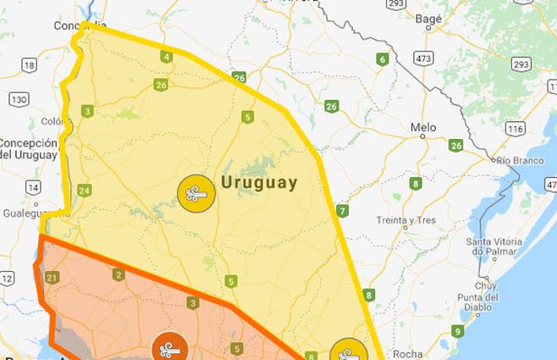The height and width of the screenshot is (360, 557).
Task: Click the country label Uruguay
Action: tap(259, 182)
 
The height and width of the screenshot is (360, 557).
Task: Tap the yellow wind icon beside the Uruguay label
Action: tap(196, 193)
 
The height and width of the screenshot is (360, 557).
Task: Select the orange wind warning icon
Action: tap(170, 347)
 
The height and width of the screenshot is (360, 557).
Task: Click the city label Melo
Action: tap(423, 127)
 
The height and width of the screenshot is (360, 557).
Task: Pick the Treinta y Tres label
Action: tap(406, 221)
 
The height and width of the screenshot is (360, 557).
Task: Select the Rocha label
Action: tap(407, 354)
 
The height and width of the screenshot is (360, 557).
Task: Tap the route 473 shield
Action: tap(423, 58)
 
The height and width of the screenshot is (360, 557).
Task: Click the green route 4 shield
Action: tap(166, 57)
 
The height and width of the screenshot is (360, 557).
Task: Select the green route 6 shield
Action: tap(383, 59)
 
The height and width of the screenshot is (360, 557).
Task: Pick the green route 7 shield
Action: tap(342, 210)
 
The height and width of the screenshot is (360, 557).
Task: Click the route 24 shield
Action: tap(84, 191)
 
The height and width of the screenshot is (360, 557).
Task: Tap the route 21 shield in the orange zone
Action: tap(52, 277)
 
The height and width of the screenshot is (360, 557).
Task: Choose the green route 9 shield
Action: tap(457, 331)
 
